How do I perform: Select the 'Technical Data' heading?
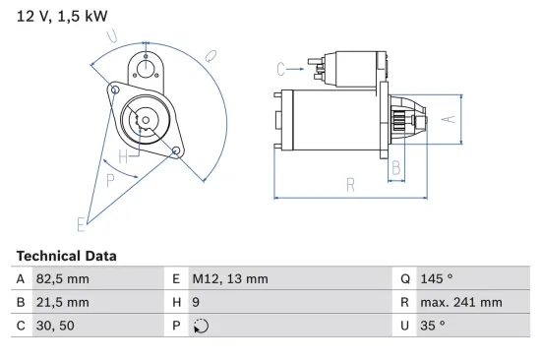coord(66,256)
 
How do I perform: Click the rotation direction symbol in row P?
coord(200,327)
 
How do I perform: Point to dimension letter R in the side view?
coord(349,184)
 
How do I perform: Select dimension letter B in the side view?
coord(395,168)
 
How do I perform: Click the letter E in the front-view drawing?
coord(82,224)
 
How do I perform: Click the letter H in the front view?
coord(123,156)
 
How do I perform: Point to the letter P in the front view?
coord(110,179)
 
